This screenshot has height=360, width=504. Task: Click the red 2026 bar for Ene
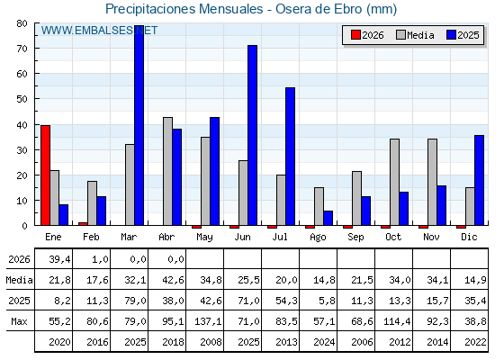[45, 175]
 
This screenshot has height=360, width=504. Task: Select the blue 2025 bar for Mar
[139, 125]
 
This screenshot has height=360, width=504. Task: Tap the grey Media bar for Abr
[167, 171]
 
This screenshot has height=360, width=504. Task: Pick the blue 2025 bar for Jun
[253, 135]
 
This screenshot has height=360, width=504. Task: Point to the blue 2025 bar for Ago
[328, 218]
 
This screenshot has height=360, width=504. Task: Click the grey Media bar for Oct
[395, 182]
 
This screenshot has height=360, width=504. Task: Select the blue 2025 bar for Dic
[479, 180]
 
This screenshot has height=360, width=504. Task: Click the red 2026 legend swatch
[355, 35]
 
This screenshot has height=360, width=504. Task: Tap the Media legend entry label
[420, 35]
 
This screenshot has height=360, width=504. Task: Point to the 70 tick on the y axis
[36, 49]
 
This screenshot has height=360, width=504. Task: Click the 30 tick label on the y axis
[22, 150]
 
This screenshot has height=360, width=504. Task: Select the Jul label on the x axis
[280, 237]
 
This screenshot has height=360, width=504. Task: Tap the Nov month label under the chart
[431, 237]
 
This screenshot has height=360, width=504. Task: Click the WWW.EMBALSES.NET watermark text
[99, 31]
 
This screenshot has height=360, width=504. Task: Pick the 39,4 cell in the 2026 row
[59, 259]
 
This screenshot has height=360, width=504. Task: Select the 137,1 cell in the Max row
[208, 321]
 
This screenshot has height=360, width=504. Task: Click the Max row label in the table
[19, 321]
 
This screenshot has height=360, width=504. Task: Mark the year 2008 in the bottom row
[211, 342]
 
